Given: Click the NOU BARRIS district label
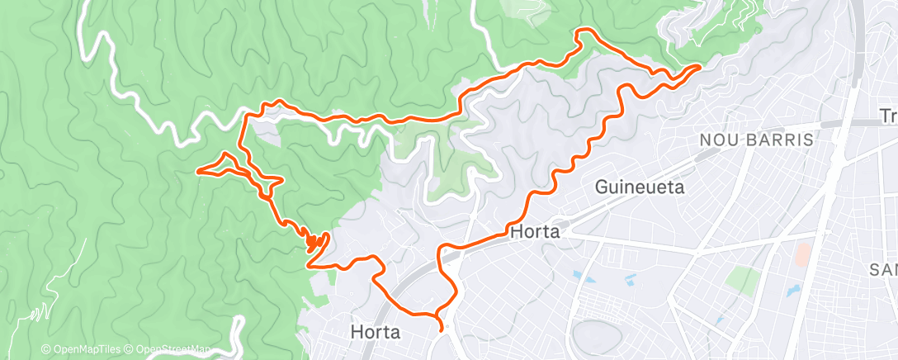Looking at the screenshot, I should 756,140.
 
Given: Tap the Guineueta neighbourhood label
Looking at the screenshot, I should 640,187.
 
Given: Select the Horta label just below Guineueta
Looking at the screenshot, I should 535,232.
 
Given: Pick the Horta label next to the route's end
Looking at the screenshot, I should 375,333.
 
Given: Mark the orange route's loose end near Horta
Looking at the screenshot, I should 444,329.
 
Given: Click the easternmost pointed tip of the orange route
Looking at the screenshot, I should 701,64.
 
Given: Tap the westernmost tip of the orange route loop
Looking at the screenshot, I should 197,171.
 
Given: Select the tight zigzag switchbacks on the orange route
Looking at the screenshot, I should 314,240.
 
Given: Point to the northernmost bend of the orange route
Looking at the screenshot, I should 585,31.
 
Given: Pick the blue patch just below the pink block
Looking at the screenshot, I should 793,291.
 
